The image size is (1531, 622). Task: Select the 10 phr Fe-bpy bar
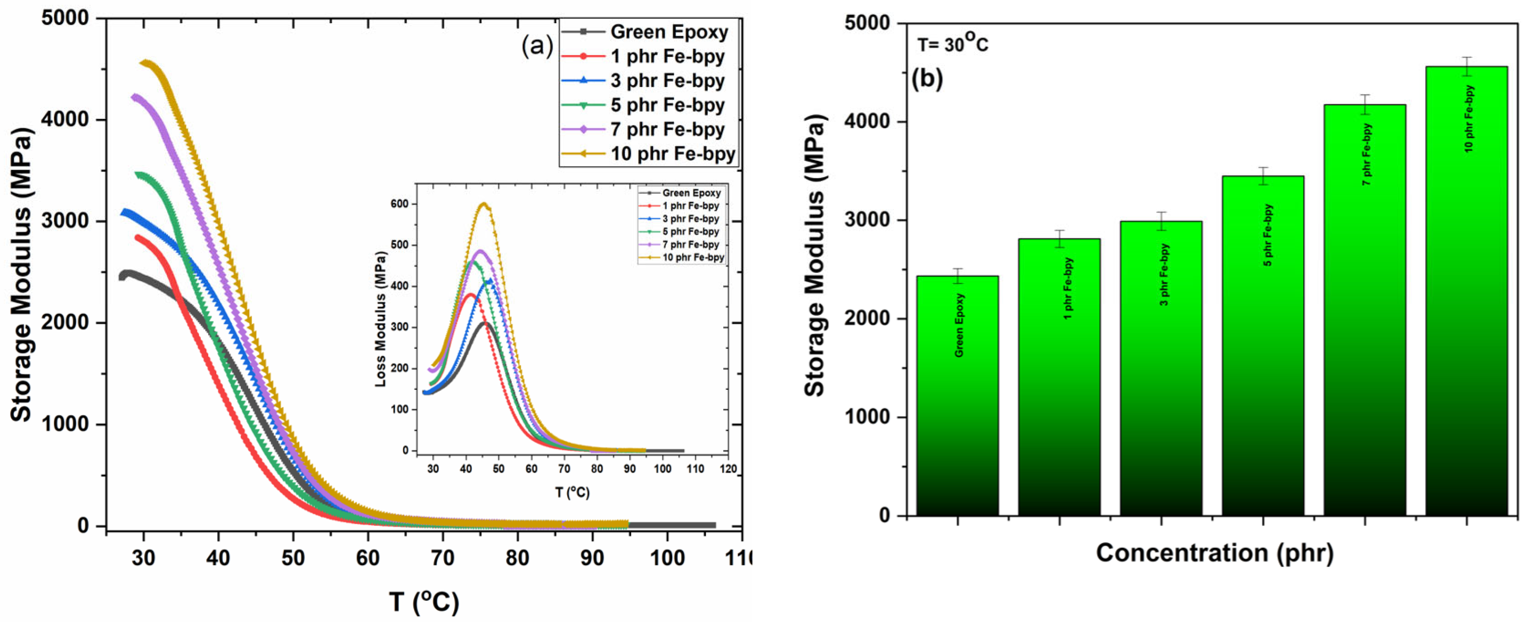click(x=1466, y=297)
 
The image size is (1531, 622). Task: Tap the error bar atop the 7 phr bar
click(x=1365, y=105)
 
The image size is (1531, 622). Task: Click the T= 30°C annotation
click(x=952, y=43)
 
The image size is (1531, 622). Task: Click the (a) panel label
click(x=537, y=45)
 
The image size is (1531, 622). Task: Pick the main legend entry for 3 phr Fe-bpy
click(x=667, y=81)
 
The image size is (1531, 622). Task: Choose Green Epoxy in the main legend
click(x=669, y=32)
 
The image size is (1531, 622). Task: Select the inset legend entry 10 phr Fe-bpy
click(x=692, y=257)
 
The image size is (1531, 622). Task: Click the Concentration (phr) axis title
click(x=1214, y=553)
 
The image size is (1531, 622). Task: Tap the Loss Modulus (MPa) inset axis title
click(x=380, y=319)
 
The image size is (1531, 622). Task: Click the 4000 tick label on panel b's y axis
click(x=867, y=121)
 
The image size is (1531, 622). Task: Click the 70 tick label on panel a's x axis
click(x=442, y=558)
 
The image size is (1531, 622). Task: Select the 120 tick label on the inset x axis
click(x=728, y=468)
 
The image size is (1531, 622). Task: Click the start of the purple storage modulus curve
click(x=136, y=98)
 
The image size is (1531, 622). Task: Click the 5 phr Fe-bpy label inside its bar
click(x=1268, y=235)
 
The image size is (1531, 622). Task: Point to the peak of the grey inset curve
click(x=486, y=323)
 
